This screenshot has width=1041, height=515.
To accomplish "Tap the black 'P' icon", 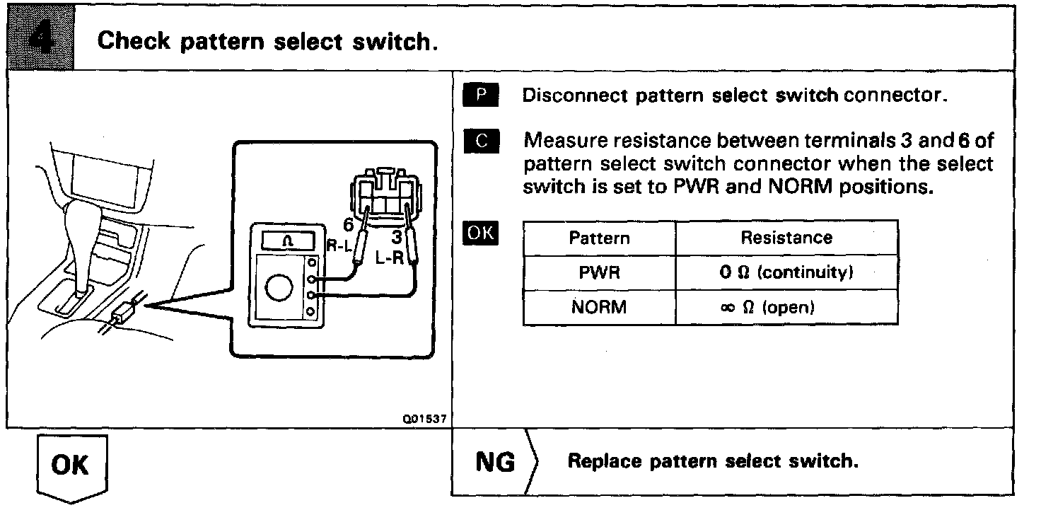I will (482, 95).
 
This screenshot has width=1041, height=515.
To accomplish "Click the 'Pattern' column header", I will (599, 238).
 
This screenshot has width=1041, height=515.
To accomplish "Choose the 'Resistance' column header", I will (786, 238).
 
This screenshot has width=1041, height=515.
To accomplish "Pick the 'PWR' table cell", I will (599, 272).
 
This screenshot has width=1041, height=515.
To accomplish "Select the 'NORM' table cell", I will (599, 308).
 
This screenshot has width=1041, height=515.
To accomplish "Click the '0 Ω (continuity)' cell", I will (786, 272).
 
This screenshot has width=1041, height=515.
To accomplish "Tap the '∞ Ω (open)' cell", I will (786, 308).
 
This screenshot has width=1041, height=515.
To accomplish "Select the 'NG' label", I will (495, 461).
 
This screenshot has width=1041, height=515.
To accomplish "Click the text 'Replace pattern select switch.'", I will (713, 461).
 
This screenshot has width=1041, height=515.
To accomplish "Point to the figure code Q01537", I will (424, 419).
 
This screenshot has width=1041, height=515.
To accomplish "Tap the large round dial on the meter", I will (277, 287).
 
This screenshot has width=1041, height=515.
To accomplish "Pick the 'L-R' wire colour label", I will (390, 257).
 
